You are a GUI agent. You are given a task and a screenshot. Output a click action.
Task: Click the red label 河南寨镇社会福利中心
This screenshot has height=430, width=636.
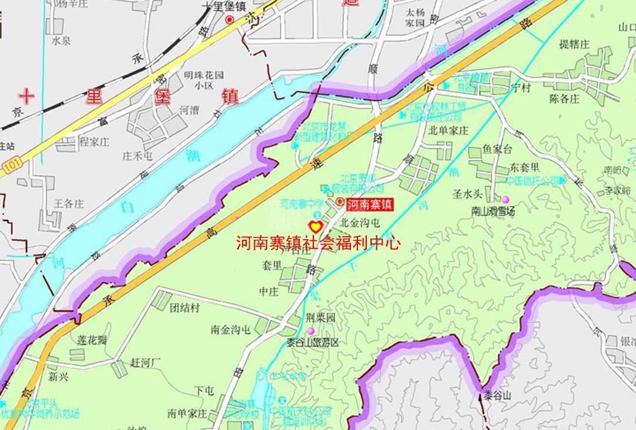pos(318,243)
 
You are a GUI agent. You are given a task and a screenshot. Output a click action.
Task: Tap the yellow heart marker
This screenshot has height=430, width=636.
pos(315,226)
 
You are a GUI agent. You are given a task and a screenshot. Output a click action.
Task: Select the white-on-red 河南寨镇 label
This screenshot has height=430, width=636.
pos(369,205)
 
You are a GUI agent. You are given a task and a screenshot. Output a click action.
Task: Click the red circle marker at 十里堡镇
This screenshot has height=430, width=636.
pos(230,20)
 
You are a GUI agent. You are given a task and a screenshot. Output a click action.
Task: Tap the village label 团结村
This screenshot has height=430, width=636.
pos(184,308)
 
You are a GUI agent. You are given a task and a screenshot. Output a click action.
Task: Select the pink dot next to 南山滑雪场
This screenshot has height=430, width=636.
pos(505,200)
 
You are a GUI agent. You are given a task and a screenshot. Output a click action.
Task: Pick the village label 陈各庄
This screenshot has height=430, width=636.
pos(564,99)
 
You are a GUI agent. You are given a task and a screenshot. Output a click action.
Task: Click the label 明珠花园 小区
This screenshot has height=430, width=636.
pos(204,80)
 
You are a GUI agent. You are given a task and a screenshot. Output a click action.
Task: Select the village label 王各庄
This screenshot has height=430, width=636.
pos(69,204)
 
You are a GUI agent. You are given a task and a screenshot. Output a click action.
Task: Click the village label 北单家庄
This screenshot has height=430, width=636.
pos(448,130)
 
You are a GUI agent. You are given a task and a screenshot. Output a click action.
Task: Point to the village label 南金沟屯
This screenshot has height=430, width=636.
pos(230,330)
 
